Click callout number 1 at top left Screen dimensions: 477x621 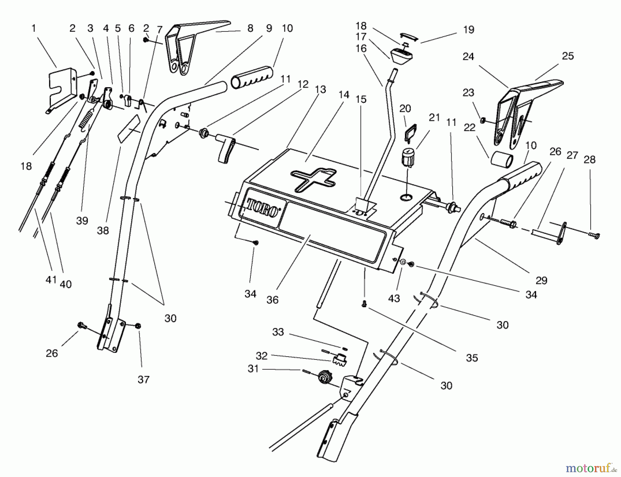click(33, 28)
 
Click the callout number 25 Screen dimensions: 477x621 click(568, 56)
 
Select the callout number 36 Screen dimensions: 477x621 click(272, 300)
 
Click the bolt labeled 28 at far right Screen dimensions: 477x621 click(594, 235)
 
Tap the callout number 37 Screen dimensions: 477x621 click(144, 380)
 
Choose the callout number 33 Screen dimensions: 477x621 click(278, 332)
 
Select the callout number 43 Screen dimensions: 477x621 click(394, 298)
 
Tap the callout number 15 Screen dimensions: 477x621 click(361, 99)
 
